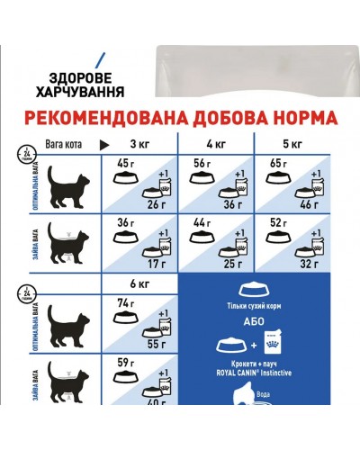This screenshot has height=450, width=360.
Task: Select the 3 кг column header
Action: (139, 144)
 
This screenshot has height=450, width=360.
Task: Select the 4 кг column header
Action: (216, 144)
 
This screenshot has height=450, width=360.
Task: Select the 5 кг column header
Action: (293, 144)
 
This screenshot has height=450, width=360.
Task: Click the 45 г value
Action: (124, 163)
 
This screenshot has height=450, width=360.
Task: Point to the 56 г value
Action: (201, 163)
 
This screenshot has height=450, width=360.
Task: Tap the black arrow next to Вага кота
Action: (103, 144)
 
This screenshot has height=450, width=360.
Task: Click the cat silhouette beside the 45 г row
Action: (60, 188)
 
